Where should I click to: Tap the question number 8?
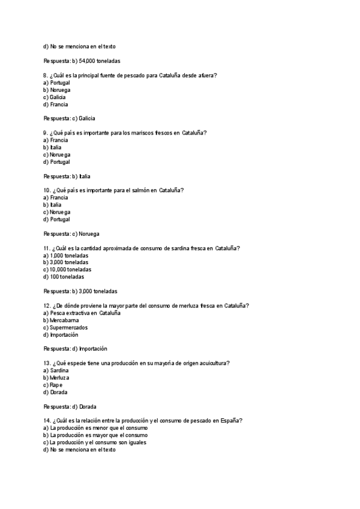[x=46, y=75]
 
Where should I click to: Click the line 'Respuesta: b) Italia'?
[x=67, y=176]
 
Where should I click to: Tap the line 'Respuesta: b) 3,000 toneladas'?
[x=80, y=291]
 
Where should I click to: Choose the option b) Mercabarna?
[x=61, y=320]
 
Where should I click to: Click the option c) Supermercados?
[x=65, y=327]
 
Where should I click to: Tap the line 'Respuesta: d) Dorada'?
[x=70, y=406]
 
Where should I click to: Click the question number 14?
[x=47, y=421]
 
